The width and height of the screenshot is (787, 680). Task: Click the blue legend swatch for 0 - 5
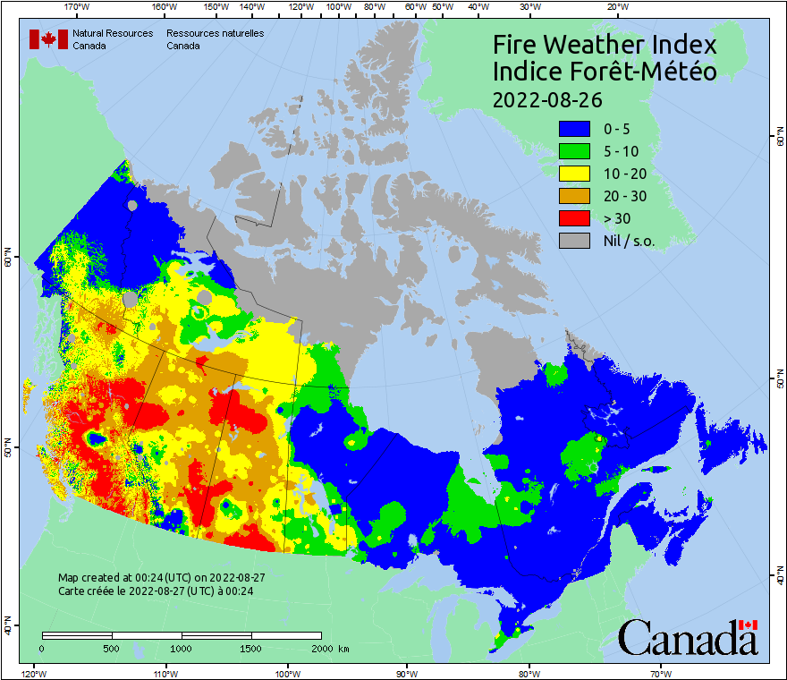pyautogui.click(x=575, y=129)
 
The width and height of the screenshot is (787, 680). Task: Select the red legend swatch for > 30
pyautogui.click(x=575, y=218)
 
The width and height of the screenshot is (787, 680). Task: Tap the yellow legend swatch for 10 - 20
pyautogui.click(x=575, y=174)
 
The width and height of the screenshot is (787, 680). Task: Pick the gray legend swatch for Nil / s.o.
pyautogui.click(x=575, y=241)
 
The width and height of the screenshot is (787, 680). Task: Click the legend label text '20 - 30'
pyautogui.click(x=627, y=196)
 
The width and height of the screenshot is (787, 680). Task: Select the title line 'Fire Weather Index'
pyautogui.click(x=605, y=45)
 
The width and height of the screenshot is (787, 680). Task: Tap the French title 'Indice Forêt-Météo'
pyautogui.click(x=605, y=72)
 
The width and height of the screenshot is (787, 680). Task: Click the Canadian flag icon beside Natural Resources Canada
pyautogui.click(x=48, y=39)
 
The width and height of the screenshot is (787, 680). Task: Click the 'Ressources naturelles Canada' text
pyautogui.click(x=207, y=39)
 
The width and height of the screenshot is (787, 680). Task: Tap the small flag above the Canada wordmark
pyautogui.click(x=749, y=625)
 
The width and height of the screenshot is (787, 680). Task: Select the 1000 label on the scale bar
pyautogui.click(x=182, y=648)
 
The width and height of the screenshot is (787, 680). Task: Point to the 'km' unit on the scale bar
pyautogui.click(x=343, y=648)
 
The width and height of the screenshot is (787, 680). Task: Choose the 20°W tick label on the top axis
pyautogui.click(x=615, y=6)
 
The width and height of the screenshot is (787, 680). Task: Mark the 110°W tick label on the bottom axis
pyautogui.click(x=165, y=674)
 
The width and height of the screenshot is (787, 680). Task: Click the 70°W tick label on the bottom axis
pyautogui.click(x=660, y=674)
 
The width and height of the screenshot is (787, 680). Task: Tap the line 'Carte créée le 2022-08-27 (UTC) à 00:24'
pyautogui.click(x=156, y=591)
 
